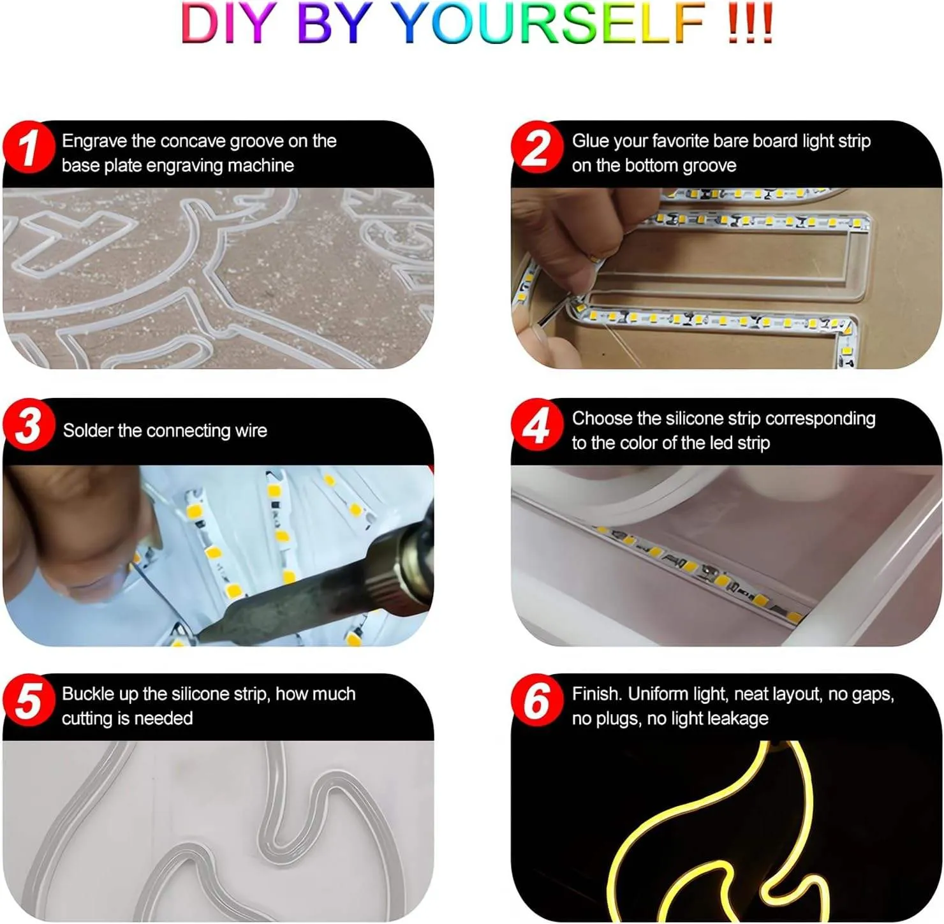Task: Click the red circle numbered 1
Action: coord(29,147)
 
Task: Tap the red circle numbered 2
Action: coord(537,147)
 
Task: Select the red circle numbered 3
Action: coord(29,425)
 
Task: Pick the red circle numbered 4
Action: coord(537,425)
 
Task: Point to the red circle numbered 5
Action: coord(29,700)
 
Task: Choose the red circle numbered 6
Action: coord(537,700)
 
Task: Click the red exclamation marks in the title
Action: coord(750,24)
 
